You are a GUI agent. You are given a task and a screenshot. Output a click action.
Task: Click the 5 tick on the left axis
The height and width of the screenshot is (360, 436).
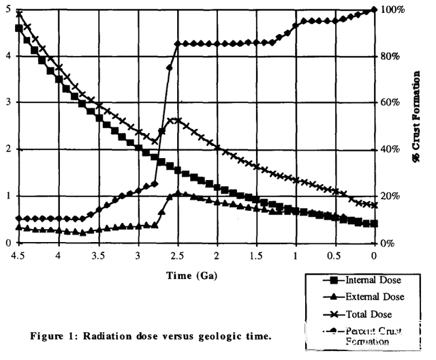coord(7,9)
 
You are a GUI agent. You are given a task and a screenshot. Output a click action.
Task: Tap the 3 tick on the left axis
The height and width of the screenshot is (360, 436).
coord(7,102)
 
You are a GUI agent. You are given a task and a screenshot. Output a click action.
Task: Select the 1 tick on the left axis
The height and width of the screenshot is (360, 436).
coord(7,196)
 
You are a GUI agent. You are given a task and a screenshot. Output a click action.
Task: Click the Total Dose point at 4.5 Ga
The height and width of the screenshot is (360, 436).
coord(18,13)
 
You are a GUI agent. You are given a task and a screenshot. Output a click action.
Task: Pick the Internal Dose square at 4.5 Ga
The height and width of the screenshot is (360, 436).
coord(18,28)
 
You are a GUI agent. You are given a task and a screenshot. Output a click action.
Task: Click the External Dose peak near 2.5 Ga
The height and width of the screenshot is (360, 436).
coord(177,194)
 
